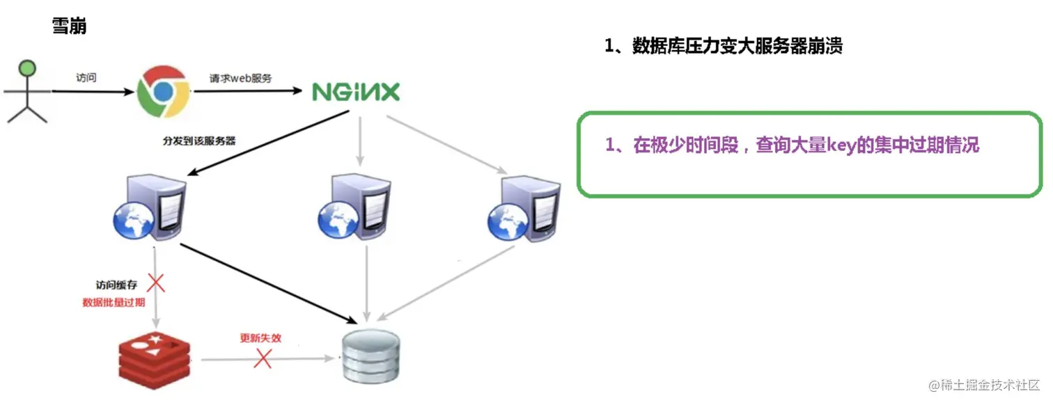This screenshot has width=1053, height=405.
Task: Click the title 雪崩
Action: [70, 26]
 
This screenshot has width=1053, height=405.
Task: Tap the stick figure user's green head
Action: [27, 70]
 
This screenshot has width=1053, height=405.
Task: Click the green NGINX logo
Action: [356, 92]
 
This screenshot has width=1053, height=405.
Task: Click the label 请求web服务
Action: [241, 78]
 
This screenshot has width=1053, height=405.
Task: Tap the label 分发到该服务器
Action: [199, 141]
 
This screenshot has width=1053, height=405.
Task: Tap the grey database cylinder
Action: [370, 357]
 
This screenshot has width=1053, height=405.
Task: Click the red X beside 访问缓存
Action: [157, 283]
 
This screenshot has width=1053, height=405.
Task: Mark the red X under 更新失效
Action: [263, 359]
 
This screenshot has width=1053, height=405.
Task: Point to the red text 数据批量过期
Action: [114, 303]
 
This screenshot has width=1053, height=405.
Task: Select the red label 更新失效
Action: [260, 338]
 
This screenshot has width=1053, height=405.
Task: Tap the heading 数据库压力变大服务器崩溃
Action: [737, 47]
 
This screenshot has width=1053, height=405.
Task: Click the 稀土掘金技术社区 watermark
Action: [982, 385]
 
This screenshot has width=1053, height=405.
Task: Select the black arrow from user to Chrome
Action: [91, 90]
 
